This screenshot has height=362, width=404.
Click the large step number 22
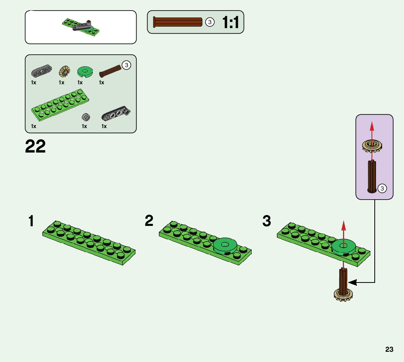click(x=35, y=147)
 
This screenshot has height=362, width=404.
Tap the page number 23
click(x=389, y=350)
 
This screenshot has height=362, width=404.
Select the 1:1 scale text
click(x=230, y=23)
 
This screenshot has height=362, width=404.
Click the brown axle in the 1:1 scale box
click(x=178, y=22)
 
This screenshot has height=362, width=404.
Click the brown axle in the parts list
click(x=110, y=71)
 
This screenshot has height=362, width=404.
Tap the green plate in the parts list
click(x=60, y=107)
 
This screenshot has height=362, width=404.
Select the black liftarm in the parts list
click(x=116, y=114)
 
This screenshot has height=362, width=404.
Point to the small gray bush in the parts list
click(x=86, y=117)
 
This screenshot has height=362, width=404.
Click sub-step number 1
click(x=31, y=222)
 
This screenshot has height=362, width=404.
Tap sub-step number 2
click(x=149, y=221)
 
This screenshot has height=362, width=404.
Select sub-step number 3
click(x=267, y=221)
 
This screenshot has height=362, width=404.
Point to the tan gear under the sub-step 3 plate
click(x=343, y=294)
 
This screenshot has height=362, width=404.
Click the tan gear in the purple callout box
click(x=371, y=147)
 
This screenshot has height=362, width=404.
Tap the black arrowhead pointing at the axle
click(x=351, y=282)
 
